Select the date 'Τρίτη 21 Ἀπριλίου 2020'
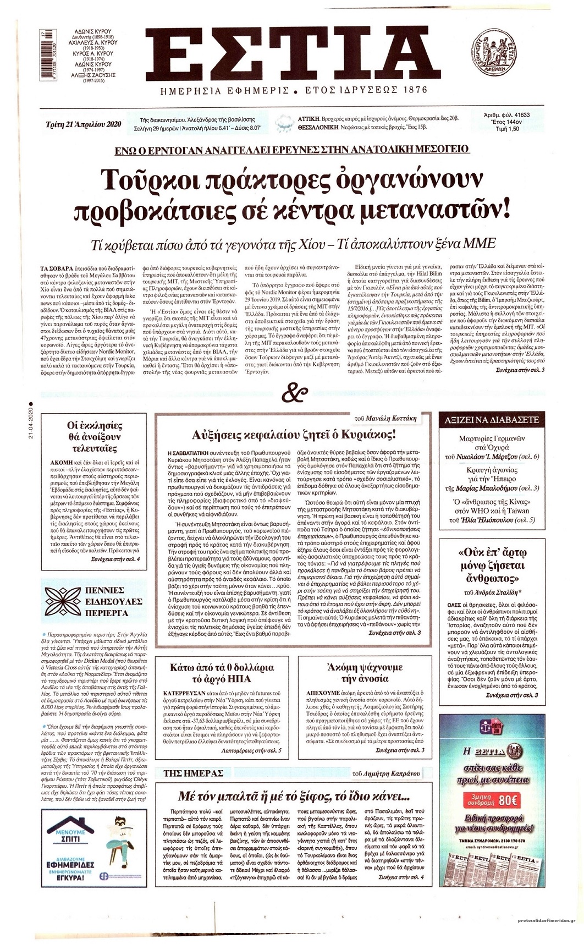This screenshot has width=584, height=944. pos(83,124)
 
